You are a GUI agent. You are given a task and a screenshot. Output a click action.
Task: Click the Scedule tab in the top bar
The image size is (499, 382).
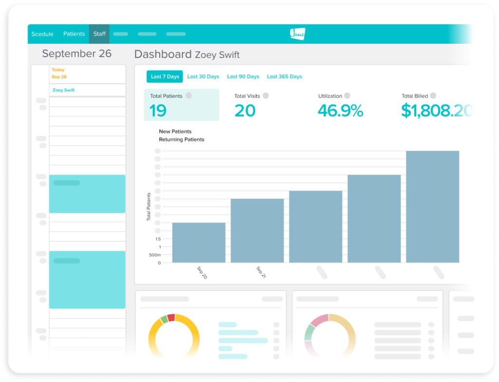click(x=42, y=34)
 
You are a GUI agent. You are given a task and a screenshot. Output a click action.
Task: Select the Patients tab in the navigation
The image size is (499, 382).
click(x=74, y=34)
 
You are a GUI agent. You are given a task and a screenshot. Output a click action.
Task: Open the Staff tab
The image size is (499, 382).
click(x=99, y=34)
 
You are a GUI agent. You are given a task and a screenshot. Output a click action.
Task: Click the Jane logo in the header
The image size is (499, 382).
click(x=297, y=34)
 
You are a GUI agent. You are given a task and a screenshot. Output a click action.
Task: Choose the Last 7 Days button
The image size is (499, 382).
click(x=165, y=76)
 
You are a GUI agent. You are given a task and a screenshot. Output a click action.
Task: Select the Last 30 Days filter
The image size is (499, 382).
click(x=203, y=76)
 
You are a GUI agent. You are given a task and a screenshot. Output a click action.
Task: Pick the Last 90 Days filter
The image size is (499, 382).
click(x=243, y=76)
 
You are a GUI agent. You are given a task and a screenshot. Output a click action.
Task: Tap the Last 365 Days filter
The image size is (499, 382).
click(x=285, y=76)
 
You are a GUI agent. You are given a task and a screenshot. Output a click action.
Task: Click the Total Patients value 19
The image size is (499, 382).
click(x=158, y=111)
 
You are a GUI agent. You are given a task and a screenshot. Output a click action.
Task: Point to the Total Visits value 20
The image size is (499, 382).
click(x=245, y=111)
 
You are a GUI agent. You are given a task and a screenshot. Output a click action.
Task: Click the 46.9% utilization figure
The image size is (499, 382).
click(x=340, y=111)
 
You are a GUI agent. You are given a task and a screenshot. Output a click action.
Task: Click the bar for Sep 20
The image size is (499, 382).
click(x=199, y=243)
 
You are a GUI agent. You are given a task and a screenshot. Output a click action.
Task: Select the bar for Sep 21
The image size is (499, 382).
click(x=257, y=230)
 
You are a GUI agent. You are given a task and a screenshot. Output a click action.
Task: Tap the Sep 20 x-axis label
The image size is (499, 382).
click(x=202, y=272)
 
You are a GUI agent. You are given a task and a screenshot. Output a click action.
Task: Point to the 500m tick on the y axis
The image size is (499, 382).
click(x=154, y=255)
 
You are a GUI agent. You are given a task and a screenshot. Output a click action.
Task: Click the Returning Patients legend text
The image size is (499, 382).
click(x=182, y=139)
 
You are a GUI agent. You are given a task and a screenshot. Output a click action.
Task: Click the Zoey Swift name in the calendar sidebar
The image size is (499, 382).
click(x=64, y=90)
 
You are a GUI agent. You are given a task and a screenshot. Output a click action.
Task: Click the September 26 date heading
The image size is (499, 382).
click(x=77, y=54)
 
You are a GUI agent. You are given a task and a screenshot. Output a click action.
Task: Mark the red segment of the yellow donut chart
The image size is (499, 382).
click(x=171, y=318)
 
